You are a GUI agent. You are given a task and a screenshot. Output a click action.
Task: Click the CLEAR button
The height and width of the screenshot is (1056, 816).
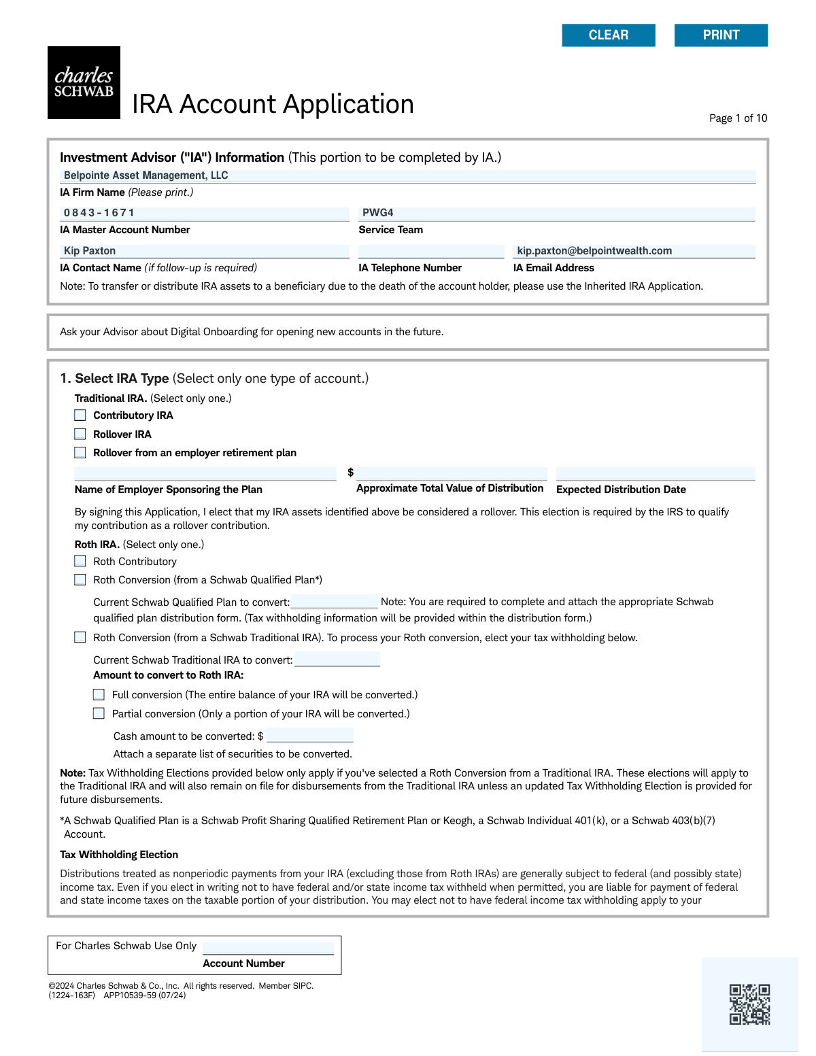(609, 35)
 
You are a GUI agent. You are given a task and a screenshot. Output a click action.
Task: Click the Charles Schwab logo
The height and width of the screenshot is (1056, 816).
(84, 83)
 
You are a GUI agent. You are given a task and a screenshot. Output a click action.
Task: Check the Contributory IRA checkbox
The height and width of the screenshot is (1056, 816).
(80, 415)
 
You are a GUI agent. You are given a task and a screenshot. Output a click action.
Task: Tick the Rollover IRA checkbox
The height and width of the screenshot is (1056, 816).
(80, 435)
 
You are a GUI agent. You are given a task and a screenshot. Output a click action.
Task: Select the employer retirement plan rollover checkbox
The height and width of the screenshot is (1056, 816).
(80, 453)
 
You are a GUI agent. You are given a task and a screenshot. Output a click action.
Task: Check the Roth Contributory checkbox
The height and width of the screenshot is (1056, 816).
(80, 562)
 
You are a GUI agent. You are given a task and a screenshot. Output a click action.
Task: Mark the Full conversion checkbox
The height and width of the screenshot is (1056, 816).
(99, 695)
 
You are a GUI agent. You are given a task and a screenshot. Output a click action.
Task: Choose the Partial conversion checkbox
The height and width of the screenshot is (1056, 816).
(99, 714)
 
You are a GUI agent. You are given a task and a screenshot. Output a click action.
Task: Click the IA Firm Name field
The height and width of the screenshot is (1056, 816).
(408, 175)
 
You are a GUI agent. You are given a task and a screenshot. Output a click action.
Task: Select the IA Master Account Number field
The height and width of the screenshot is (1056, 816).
(205, 214)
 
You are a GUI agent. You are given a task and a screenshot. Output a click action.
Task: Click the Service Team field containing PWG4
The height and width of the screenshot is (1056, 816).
(557, 214)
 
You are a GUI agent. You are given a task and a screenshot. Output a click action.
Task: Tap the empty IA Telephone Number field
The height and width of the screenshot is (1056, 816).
(431, 251)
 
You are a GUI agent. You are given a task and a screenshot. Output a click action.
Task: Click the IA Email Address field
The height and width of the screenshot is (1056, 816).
(634, 251)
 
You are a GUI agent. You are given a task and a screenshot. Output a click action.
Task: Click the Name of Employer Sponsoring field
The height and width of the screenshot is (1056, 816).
(205, 473)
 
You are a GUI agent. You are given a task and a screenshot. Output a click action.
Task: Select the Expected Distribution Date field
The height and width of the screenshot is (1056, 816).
(656, 473)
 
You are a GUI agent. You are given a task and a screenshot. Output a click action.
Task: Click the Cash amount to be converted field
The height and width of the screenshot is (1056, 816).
(310, 736)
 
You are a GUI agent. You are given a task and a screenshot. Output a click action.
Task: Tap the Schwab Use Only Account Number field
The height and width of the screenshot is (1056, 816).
(268, 947)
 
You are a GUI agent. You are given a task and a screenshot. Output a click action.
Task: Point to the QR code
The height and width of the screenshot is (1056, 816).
(749, 1004)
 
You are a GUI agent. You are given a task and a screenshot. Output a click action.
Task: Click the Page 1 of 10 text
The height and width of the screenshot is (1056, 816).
(738, 118)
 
